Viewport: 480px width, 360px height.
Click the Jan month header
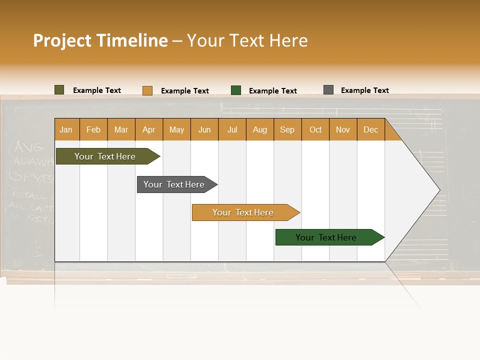coord(66,129)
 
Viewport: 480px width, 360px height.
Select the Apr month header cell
coord(149,129)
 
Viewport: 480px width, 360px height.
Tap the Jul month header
coord(232,129)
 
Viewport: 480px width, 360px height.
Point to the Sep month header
coord(287,129)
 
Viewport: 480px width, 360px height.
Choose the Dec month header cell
coord(370,129)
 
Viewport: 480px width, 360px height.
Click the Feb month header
coord(93,129)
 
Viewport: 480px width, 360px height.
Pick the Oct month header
coord(315,129)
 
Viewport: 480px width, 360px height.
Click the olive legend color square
coord(59,90)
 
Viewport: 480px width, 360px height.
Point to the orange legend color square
coord(147,90)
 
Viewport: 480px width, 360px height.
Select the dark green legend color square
coord(236,90)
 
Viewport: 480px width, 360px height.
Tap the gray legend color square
coord(328,90)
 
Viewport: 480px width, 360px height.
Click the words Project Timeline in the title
coord(100,40)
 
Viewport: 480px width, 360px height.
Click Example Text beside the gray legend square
coord(364,90)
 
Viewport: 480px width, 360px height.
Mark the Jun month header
coord(204,129)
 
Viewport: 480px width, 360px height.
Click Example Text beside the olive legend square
coord(97,90)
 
